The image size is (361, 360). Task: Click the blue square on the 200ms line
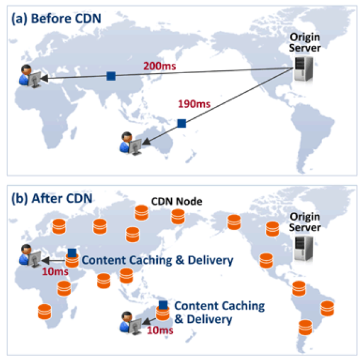[111, 76]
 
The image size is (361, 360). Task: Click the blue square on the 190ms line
[182, 123]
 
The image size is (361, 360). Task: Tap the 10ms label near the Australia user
[159, 330]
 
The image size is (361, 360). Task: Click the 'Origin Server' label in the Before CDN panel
[305, 42]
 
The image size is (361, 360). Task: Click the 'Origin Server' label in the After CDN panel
[305, 222]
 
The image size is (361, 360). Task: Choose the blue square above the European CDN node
[72, 253]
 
